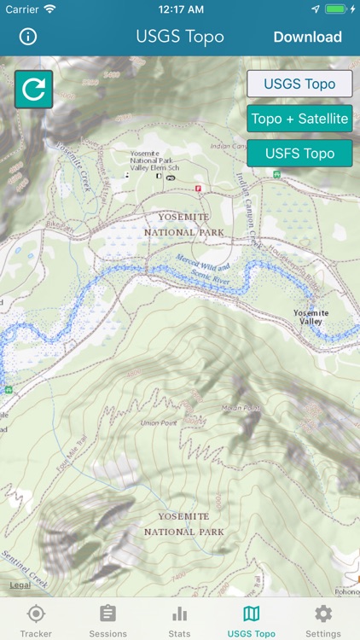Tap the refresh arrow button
33,90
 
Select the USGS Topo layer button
299,84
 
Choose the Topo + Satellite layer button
299,119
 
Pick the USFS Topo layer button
299,154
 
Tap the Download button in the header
307,37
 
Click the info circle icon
28,37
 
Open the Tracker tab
36,620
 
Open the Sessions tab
107,620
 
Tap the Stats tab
179,620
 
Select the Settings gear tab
323,620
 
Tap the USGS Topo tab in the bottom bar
252,620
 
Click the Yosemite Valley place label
311,317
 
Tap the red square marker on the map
199,188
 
